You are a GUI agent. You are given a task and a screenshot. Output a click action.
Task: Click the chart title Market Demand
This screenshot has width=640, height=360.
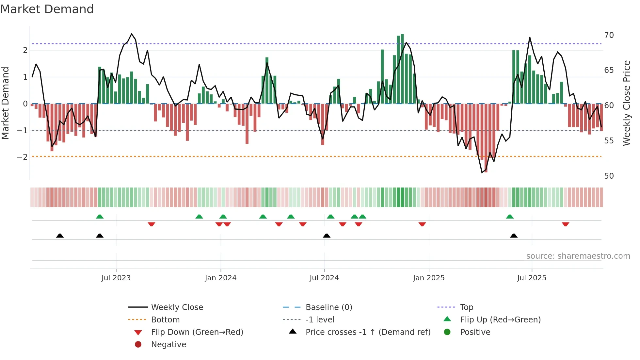point(47,9)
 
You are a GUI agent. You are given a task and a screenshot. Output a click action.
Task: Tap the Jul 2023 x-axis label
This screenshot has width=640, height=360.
point(116,278)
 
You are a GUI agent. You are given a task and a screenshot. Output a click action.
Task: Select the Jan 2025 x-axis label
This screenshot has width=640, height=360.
point(429,278)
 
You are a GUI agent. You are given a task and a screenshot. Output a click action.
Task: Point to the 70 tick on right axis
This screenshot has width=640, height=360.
point(609,35)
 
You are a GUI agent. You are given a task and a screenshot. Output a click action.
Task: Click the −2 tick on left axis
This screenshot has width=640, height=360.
point(23,157)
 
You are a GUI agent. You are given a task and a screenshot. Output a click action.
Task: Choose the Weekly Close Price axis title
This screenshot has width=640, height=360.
point(627,103)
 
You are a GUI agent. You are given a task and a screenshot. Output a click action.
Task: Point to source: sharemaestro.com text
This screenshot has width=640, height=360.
point(578,256)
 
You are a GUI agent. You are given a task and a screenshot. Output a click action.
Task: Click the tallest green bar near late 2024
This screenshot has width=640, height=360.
point(402,69)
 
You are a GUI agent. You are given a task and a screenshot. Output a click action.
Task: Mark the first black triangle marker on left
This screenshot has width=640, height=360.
point(60,236)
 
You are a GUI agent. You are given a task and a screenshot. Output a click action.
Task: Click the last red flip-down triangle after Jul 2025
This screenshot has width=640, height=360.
point(566,224)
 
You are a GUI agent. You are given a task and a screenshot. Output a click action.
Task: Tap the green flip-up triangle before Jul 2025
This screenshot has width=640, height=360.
point(510,217)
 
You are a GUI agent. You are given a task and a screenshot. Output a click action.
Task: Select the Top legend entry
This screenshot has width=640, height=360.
point(466,307)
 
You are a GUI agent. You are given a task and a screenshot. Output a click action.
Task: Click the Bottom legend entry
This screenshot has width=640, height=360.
point(165,320)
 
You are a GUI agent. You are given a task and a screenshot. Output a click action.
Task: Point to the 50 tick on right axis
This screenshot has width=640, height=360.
point(609,176)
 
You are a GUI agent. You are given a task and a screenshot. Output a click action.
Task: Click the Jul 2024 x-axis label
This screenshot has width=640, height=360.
point(324,278)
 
